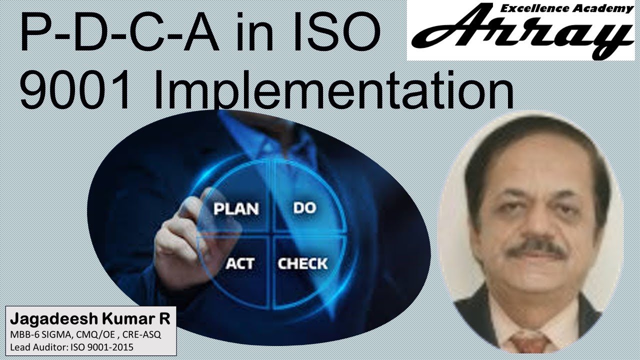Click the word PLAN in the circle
pyautogui.click(x=236, y=208)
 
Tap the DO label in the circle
pyautogui.click(x=304, y=207)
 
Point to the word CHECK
pyautogui.click(x=302, y=263)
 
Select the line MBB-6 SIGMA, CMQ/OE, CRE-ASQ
pyautogui.click(x=83, y=334)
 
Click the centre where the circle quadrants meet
pyautogui.click(x=273, y=234)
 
